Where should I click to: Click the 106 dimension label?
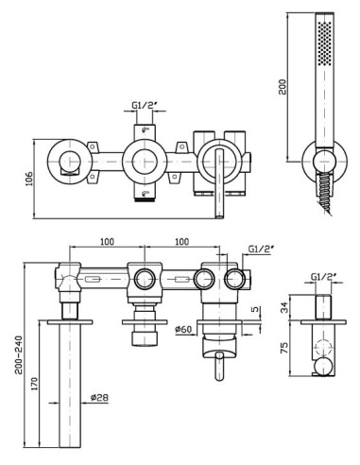pos(29,179)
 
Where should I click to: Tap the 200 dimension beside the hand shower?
pos(283,87)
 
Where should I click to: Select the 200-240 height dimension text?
pos(19,354)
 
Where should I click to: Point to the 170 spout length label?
pos(34,384)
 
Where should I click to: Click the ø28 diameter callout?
pos(99,397)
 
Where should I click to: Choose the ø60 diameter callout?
pos(183,329)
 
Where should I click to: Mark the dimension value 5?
pos(257,309)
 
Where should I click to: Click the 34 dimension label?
pos(283,307)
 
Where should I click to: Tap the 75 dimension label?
pos(283,348)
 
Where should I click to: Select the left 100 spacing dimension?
pos(107,242)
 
